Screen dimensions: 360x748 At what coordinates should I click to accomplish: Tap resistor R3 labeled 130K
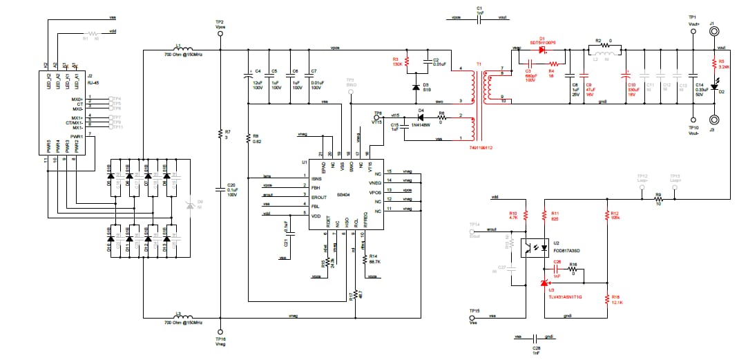tap(407, 62)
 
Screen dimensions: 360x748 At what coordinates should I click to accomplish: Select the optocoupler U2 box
tap(533, 247)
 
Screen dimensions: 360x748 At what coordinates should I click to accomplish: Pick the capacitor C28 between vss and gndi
tap(536, 338)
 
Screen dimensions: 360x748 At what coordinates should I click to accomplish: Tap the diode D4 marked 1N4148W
tap(420, 119)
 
